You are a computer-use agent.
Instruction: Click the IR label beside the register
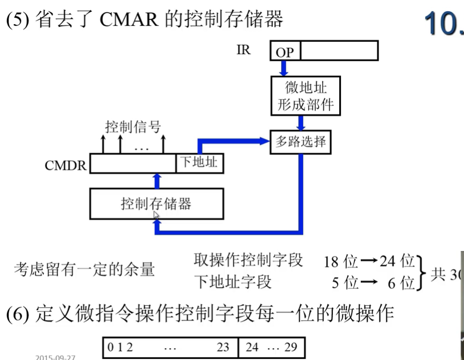click(x=243, y=51)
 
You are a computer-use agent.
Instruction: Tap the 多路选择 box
click(x=301, y=142)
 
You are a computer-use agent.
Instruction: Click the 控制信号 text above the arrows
click(x=133, y=127)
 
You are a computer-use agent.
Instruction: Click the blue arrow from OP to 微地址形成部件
click(x=284, y=68)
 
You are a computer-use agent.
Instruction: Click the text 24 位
click(x=397, y=262)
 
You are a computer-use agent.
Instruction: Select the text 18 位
click(x=340, y=262)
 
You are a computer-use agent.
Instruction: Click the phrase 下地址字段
click(x=233, y=281)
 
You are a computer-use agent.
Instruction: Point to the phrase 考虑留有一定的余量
click(x=84, y=269)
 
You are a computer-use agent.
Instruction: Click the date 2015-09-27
click(x=56, y=356)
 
